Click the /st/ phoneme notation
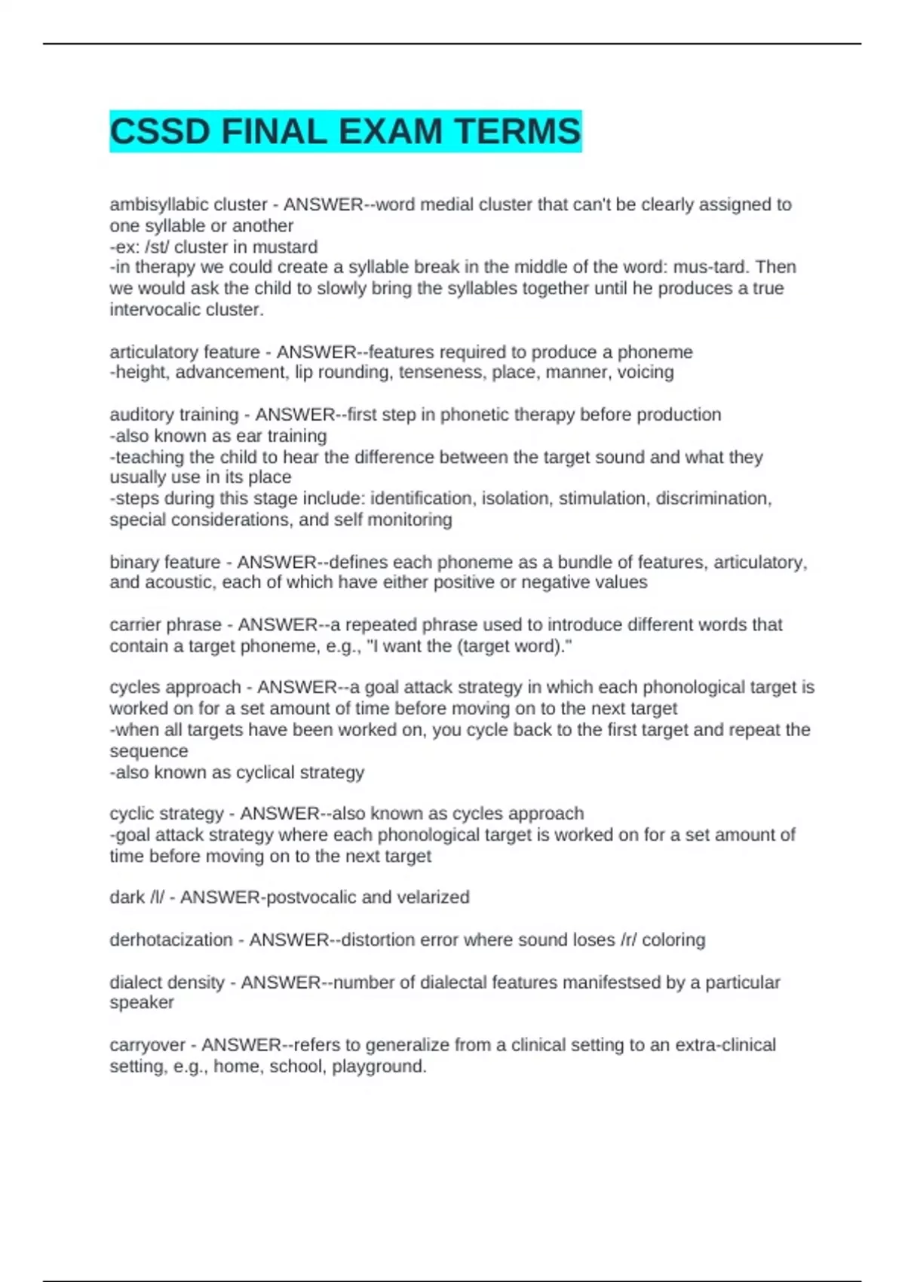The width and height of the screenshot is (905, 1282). [x=157, y=247]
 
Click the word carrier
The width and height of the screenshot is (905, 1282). [x=135, y=624]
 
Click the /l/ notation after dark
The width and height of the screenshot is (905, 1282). [x=157, y=897]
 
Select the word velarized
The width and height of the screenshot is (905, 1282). [x=439, y=897]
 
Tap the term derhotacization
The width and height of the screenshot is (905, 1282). [x=171, y=940]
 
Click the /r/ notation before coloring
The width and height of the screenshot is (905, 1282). [x=628, y=940]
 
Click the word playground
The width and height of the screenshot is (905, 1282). [x=379, y=1066]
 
